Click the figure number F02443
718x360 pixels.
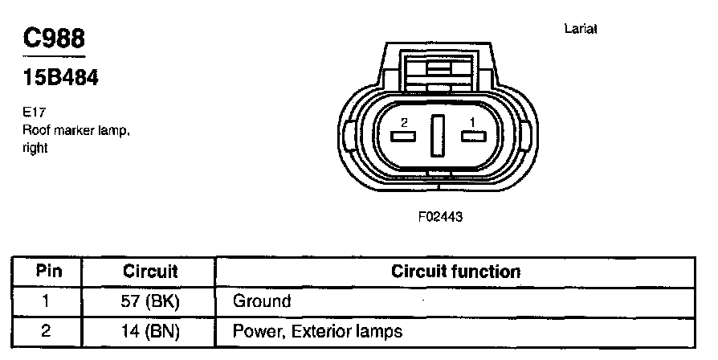[440, 217]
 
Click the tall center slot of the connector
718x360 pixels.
[438, 136]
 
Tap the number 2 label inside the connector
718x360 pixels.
[404, 122]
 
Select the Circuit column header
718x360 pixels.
[150, 272]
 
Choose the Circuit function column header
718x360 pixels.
[455, 272]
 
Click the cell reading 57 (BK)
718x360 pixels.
[150, 301]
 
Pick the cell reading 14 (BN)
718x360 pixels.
[150, 330]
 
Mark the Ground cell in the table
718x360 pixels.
[261, 301]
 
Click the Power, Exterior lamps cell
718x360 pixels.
[317, 330]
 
